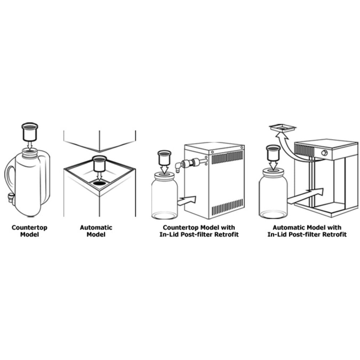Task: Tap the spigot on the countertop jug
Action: click(11, 198)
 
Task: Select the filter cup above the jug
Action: click(30, 132)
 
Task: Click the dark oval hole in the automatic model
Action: click(100, 183)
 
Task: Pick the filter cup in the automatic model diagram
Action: click(99, 164)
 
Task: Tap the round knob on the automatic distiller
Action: click(324, 153)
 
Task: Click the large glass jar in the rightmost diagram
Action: click(273, 196)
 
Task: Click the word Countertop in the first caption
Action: click(29, 228)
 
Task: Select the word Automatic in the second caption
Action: click(96, 228)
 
